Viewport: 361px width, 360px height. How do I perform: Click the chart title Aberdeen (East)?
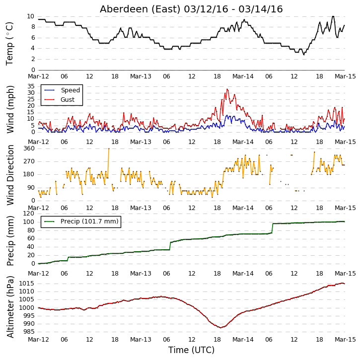140,9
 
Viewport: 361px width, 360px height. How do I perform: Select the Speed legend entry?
62,90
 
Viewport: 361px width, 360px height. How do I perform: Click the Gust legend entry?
60,100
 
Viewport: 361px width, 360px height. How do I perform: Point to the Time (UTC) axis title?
191,350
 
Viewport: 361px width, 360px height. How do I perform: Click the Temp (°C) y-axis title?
9,44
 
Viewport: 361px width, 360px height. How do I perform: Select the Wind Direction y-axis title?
10,175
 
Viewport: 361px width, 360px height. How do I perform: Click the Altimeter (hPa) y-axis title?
10,307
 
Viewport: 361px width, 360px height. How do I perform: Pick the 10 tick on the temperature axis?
30,16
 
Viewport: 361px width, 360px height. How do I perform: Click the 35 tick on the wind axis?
31,86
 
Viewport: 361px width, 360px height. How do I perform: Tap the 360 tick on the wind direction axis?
29,148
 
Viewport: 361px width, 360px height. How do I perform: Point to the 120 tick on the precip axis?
29,214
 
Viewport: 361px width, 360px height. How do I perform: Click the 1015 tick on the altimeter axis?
27,284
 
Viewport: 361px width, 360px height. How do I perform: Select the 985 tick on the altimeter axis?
29,332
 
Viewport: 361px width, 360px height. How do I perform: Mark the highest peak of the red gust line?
227,89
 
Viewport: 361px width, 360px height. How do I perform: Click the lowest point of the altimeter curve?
220,328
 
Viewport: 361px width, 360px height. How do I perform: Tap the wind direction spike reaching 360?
109,148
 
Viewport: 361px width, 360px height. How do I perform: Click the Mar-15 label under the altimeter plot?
345,340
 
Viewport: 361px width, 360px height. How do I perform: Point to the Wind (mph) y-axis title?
10,110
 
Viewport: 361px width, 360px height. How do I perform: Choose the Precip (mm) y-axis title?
10,241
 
